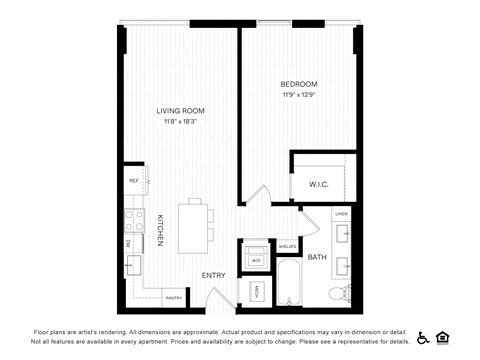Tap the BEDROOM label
tap(299, 83)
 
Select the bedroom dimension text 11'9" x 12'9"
tap(299, 95)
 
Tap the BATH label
tap(317, 258)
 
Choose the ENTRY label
tap(213, 275)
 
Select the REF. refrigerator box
tap(133, 180)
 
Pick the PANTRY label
tap(173, 297)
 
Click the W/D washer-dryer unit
tap(256, 260)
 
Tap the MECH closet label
tap(256, 292)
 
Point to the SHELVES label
tap(286, 246)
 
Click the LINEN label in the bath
tap(342, 214)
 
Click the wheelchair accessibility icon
tap(422, 337)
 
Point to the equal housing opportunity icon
tap(446, 337)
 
